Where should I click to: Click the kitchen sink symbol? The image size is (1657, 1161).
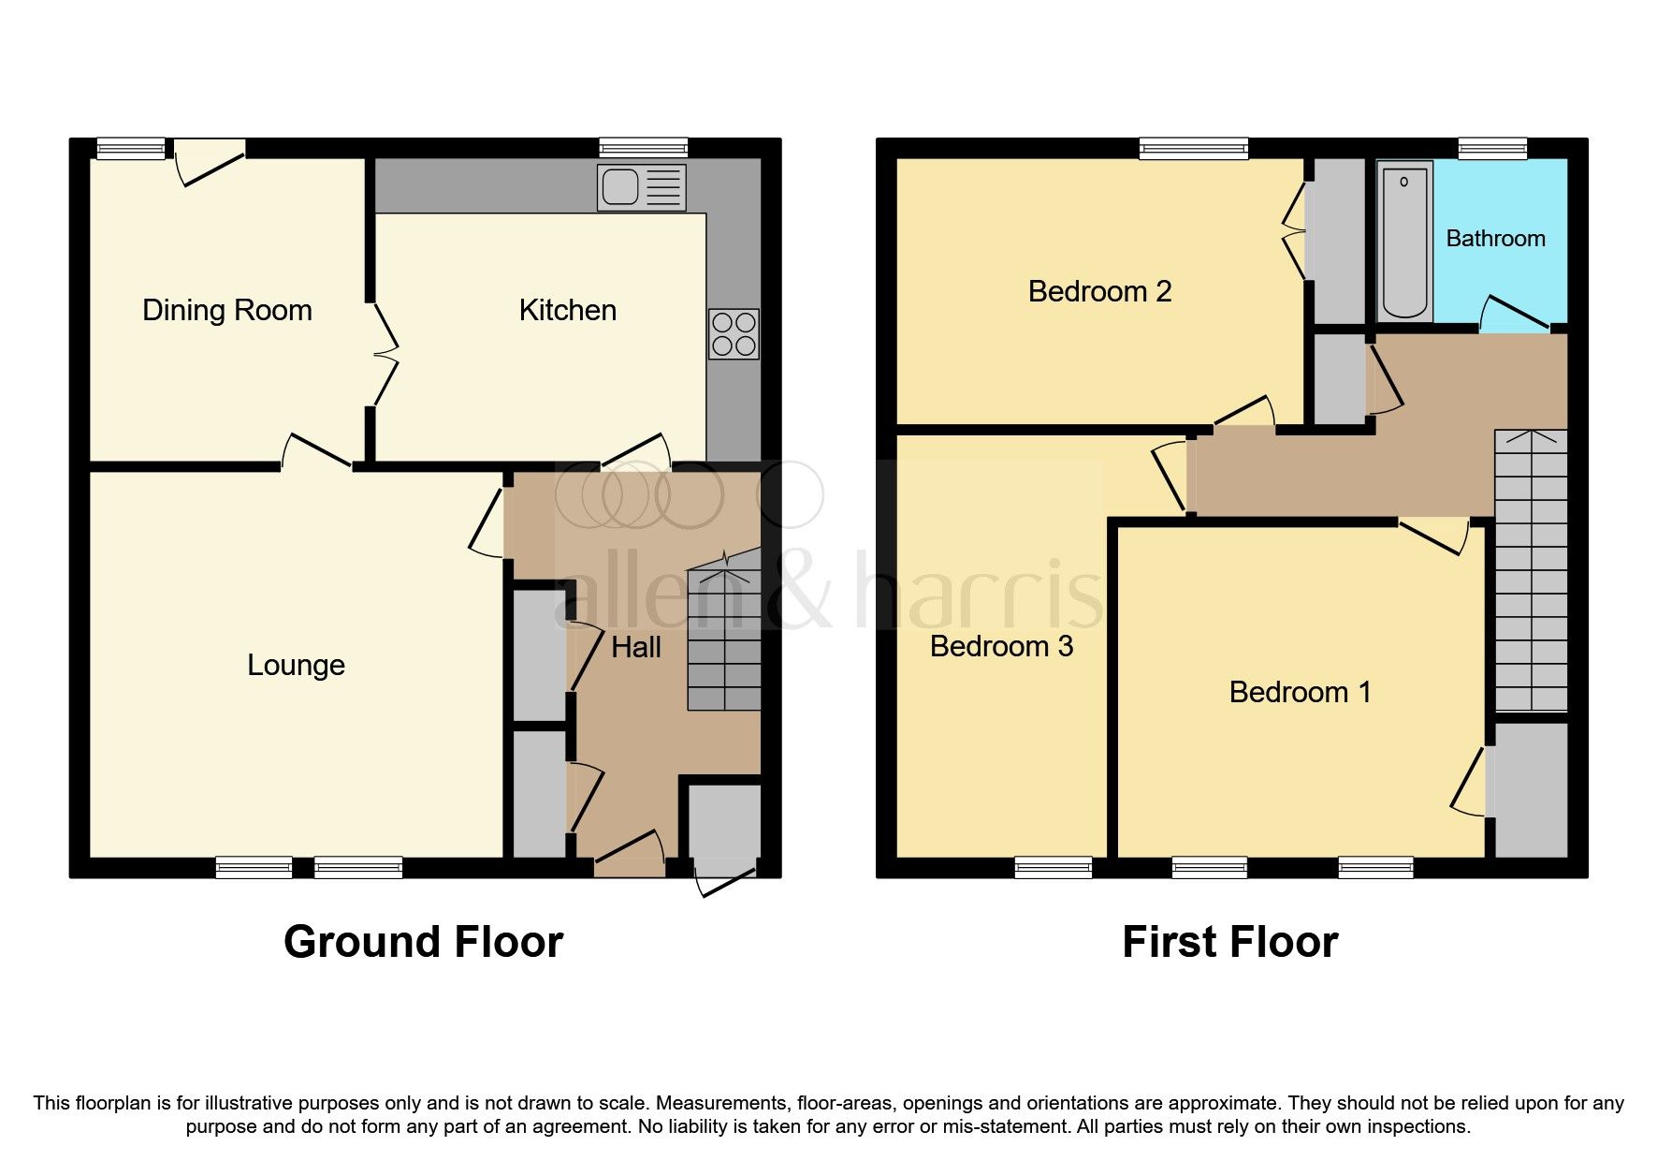click(641, 187)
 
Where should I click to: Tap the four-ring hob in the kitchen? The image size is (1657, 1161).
click(734, 334)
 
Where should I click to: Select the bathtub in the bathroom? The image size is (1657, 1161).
click(1404, 242)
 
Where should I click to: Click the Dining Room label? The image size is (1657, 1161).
click(227, 311)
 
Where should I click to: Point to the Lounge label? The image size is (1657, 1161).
click(296, 665)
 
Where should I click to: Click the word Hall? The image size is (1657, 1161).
click(636, 647)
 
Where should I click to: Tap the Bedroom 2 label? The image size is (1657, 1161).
click(1099, 292)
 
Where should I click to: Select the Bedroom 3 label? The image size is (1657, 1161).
click(1001, 646)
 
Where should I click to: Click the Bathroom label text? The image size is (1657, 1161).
click(1495, 239)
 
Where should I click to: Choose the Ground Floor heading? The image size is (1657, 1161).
click(423, 942)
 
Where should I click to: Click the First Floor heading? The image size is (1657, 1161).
click(1229, 942)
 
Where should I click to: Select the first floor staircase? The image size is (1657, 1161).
click(1530, 571)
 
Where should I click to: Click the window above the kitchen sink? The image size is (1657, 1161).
click(643, 147)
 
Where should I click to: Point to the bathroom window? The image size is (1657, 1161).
click(1492, 147)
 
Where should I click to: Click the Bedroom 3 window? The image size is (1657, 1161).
click(1053, 868)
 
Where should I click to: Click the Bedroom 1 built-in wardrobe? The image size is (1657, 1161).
click(1531, 789)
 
